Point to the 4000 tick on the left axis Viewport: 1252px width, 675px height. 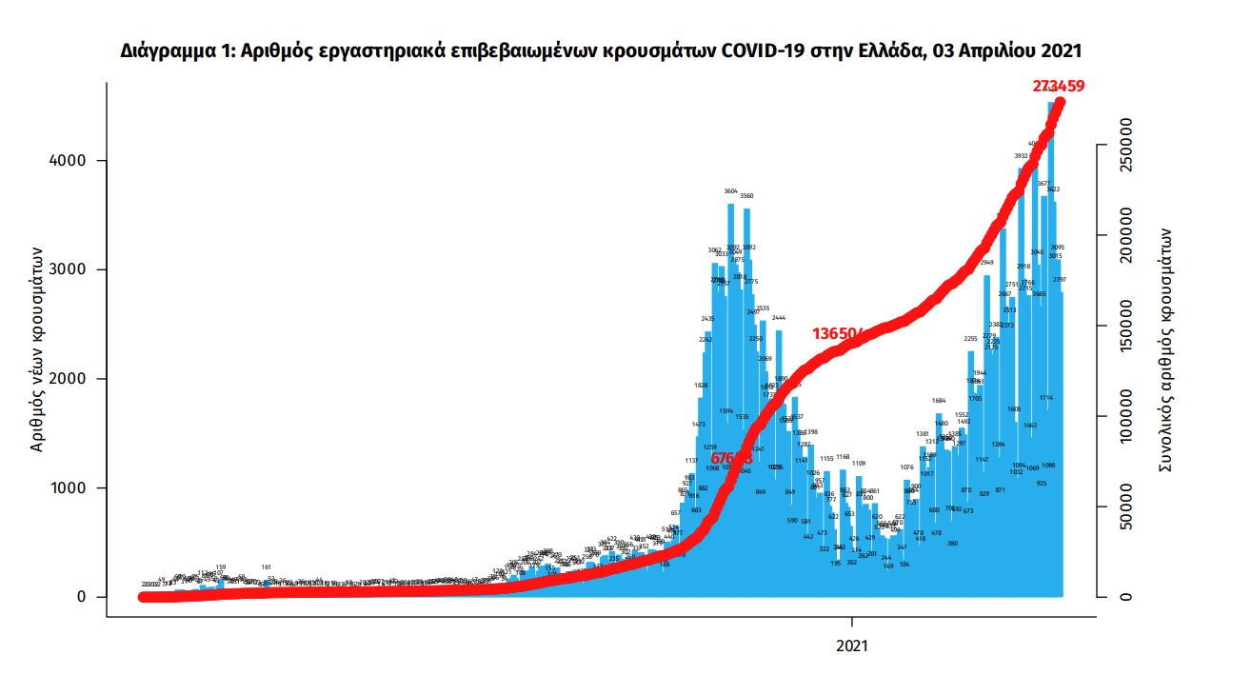(x=68, y=161)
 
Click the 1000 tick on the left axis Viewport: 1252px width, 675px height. (x=68, y=488)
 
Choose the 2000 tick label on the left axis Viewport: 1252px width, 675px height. (x=68, y=379)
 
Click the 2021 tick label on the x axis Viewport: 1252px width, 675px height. (x=852, y=645)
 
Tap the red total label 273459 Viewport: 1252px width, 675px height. (x=1059, y=86)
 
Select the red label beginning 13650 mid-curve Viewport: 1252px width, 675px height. (x=839, y=334)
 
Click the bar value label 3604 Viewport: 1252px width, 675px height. (x=731, y=191)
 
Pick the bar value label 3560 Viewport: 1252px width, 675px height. (x=747, y=196)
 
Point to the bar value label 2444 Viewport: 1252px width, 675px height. (x=779, y=318)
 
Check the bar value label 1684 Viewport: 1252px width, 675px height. (x=939, y=401)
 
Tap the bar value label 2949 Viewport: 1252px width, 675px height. (x=986, y=263)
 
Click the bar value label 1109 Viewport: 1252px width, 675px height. (x=859, y=464)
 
